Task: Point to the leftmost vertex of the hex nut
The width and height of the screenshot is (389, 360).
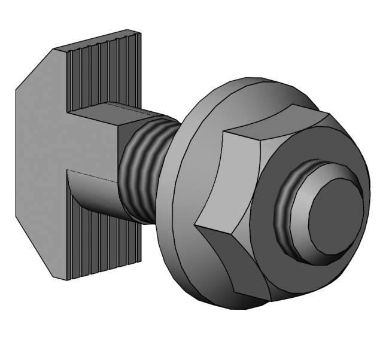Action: (x=196, y=226)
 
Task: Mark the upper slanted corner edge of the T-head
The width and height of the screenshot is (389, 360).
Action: (x=36, y=69)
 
